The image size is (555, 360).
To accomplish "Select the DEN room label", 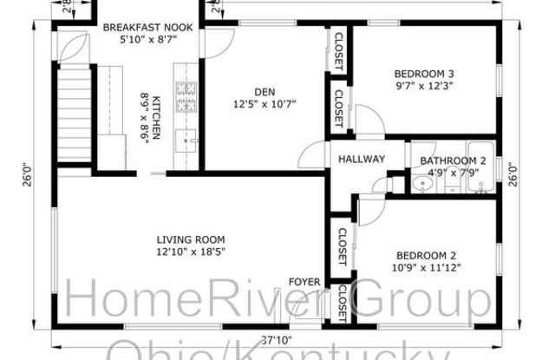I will click(264, 92).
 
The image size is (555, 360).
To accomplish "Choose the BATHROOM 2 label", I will click(453, 161).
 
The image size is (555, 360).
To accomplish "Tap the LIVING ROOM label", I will click(191, 239).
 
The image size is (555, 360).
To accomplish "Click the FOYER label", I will click(305, 282).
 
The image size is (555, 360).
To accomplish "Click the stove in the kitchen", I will click(187, 97).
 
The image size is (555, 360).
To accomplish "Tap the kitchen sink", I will click(187, 141).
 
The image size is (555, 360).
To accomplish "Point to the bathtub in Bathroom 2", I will click(480, 165).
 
